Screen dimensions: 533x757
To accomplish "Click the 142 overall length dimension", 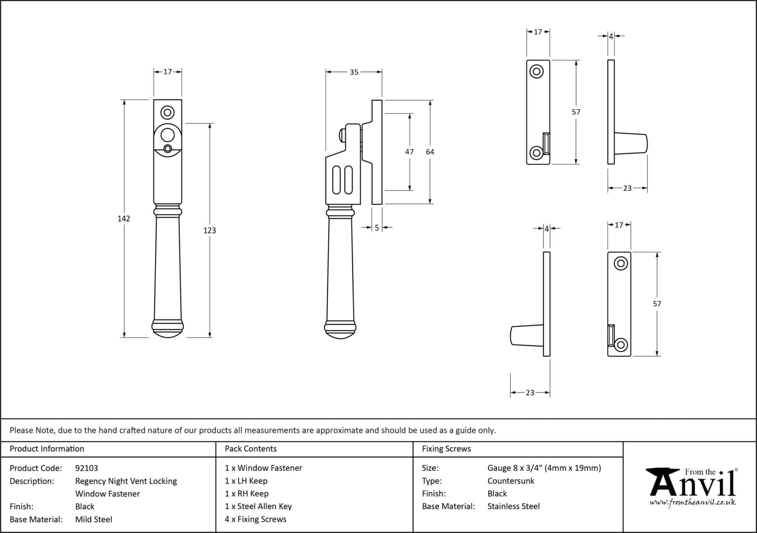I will tap(124, 219).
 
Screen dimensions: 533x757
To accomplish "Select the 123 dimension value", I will tap(210, 231).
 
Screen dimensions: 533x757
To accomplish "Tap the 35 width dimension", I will tap(354, 72).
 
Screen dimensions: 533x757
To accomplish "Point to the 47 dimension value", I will tap(409, 152).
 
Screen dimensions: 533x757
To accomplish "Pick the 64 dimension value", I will tap(430, 152).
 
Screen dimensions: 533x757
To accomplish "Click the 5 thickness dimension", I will tap(377, 228).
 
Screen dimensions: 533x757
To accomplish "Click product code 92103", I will tap(86, 468).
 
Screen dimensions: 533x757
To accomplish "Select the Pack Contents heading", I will tap(251, 449).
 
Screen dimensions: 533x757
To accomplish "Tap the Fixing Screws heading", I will tap(446, 449).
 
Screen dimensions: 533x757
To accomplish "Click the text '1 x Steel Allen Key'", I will tap(258, 506).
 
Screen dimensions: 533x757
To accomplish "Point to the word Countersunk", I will tap(510, 481).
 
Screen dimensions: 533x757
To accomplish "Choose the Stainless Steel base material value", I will tap(513, 506).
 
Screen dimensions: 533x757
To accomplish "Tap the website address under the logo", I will tap(692, 503).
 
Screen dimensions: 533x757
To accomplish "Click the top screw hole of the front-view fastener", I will tap(167, 112).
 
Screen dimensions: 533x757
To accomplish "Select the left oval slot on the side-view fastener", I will tap(336, 180).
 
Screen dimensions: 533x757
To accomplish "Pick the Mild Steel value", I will tap(94, 519).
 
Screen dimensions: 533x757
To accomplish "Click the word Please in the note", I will tap(21, 430).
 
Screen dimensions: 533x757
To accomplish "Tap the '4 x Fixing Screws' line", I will tap(255, 519).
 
